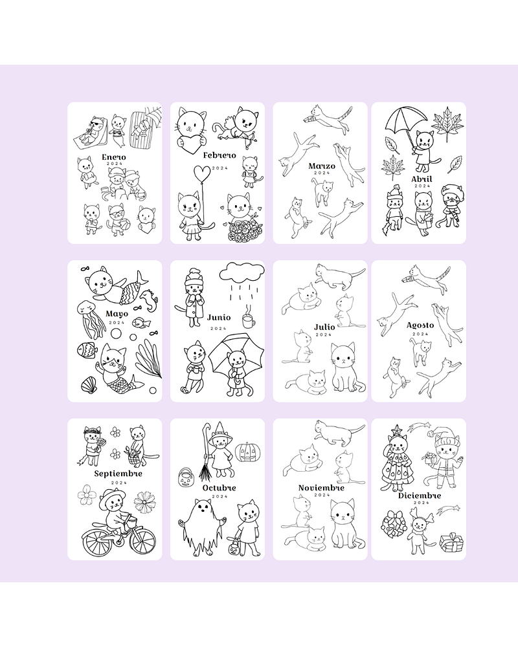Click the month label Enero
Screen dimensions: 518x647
[x=113, y=157]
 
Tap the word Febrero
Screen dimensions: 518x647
[x=220, y=155]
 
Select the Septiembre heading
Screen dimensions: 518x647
[x=118, y=474]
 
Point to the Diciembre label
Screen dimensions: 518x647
[x=420, y=495]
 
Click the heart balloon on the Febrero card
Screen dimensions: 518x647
[x=202, y=173]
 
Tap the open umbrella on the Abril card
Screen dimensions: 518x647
[x=405, y=120]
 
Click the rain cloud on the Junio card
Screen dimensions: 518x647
[x=242, y=272]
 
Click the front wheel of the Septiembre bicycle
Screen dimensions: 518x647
[x=142, y=540]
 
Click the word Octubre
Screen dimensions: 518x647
[x=219, y=488]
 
